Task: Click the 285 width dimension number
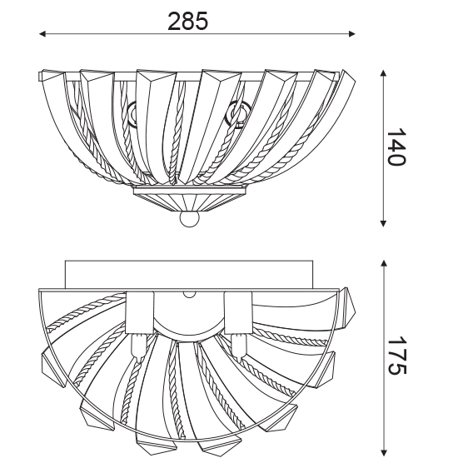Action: tap(187, 21)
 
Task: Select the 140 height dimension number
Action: tap(396, 147)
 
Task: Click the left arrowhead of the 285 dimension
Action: tap(42, 34)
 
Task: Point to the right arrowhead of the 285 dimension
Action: tap(351, 34)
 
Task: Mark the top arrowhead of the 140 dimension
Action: tap(383, 73)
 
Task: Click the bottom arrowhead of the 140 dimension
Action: tap(383, 223)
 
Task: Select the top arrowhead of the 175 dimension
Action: tap(384, 264)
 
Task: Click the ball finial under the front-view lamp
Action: tap(190, 219)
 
